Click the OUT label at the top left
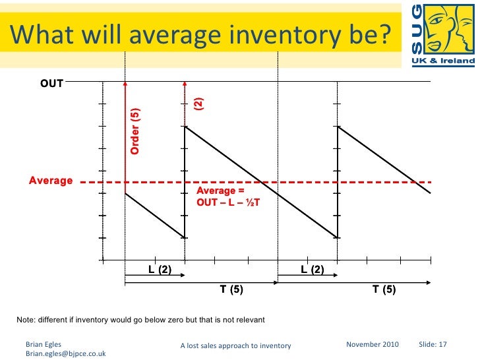tap(51, 84)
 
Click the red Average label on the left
tap(51, 181)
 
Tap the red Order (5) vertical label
tap(135, 131)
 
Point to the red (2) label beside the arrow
tap(198, 104)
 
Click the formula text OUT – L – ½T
tap(228, 202)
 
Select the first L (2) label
tap(160, 269)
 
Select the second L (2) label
tap(312, 269)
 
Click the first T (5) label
tap(231, 289)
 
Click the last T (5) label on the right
tap(384, 289)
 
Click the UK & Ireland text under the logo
tap(442, 61)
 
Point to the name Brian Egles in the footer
tap(42, 344)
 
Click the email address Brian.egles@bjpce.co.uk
tap(65, 353)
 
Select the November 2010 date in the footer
tap(372, 344)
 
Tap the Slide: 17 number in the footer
tap(433, 344)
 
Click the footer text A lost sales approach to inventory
tap(235, 345)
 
